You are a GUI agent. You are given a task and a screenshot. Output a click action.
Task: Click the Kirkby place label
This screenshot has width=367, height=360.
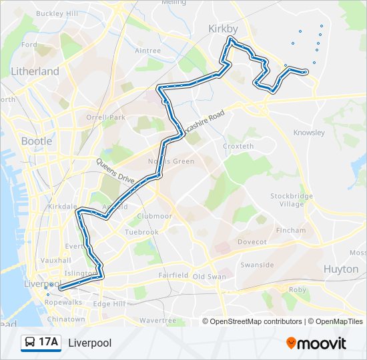click(223, 29)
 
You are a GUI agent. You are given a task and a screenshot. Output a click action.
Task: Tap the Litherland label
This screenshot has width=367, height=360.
click(35, 71)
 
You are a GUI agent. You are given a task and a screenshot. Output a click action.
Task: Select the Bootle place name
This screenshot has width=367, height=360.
click(37, 141)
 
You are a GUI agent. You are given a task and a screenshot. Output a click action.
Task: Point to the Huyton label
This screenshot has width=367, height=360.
click(341, 269)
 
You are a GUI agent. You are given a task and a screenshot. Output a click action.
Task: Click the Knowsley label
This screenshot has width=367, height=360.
click(308, 133)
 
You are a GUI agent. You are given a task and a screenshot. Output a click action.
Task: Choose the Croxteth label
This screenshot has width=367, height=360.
click(238, 146)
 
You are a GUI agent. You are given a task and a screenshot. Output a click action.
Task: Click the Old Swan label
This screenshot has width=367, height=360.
click(210, 277)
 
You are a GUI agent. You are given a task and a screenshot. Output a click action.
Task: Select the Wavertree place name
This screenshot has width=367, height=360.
click(157, 320)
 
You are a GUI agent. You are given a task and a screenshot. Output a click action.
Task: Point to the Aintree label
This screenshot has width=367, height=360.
click(147, 51)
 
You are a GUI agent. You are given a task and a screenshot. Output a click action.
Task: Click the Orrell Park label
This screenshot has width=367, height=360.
click(105, 118)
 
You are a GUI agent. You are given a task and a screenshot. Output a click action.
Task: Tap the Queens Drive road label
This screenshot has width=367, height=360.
click(115, 171)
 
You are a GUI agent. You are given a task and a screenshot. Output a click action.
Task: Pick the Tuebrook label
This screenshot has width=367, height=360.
click(141, 232)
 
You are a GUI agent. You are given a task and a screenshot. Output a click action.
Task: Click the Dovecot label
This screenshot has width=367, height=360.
click(252, 241)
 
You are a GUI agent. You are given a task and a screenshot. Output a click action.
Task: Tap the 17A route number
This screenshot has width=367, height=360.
click(49, 343)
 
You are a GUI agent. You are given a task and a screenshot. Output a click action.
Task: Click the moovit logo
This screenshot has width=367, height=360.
click(316, 343)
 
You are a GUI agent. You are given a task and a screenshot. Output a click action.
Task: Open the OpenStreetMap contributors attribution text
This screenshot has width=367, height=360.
click(256, 321)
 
